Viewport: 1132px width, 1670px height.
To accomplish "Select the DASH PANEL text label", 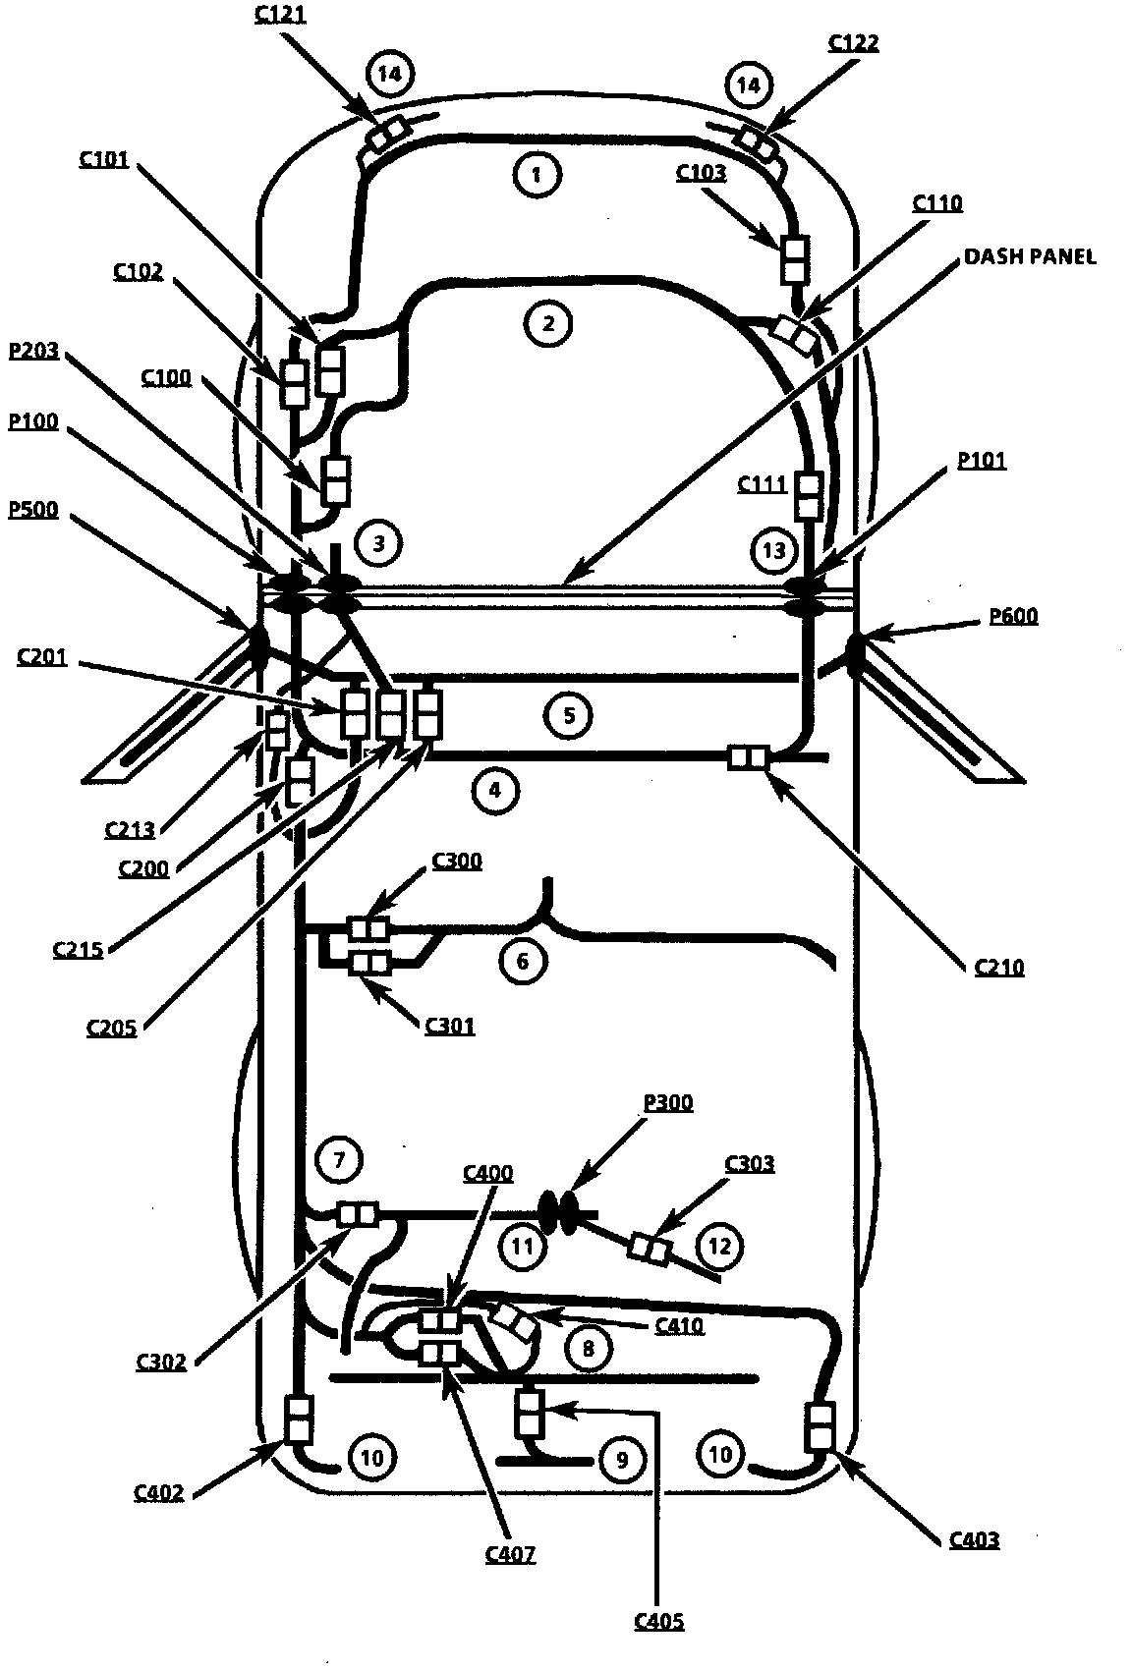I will point(1029,256).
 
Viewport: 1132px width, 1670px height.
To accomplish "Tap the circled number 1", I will point(536,175).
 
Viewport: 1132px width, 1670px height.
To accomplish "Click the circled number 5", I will point(569,714).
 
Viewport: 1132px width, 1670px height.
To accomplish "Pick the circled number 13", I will point(774,550).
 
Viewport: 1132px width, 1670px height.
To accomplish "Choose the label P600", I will point(1013,616).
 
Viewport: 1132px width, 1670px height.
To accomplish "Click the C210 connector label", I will point(999,967).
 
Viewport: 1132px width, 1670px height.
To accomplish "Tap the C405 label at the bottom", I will point(658,1621).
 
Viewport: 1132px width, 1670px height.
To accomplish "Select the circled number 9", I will point(621,1460).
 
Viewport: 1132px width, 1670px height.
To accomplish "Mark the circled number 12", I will point(720,1246).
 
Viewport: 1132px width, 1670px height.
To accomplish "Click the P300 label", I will point(668,1102).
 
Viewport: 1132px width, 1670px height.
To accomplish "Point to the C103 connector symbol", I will point(794,258).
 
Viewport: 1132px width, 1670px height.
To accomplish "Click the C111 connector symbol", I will point(809,496).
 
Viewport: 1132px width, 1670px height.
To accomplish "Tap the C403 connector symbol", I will point(820,1426).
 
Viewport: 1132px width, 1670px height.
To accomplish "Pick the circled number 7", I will point(339,1159).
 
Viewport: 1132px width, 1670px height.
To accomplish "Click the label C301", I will point(450,1026).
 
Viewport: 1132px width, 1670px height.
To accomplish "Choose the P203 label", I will point(33,352).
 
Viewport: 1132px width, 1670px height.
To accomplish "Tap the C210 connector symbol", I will point(747,757).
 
